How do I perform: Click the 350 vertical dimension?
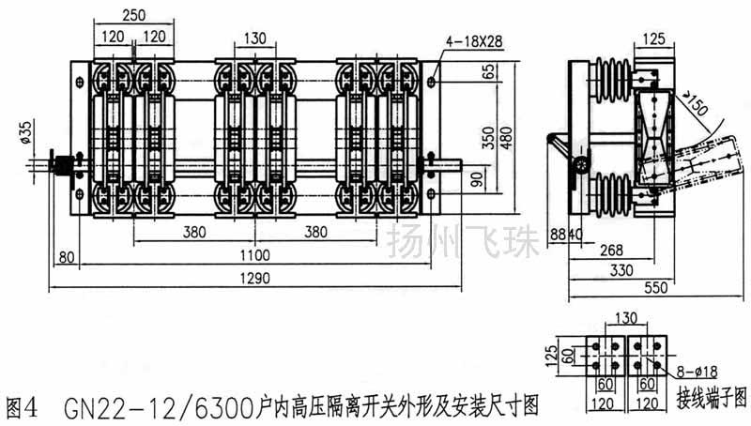[x=487, y=138]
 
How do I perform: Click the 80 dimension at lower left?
[x=66, y=254]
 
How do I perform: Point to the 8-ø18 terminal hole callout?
[x=697, y=372]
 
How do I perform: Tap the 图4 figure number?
[x=22, y=407]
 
